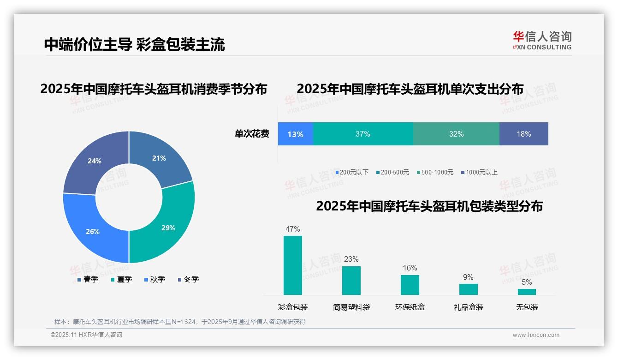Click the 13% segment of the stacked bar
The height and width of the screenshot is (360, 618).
click(295, 134)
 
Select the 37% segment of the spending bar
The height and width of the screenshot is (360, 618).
click(363, 134)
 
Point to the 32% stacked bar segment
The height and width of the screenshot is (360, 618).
click(456, 134)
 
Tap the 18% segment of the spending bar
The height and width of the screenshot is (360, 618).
click(523, 134)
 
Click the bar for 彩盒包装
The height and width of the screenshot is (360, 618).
click(293, 265)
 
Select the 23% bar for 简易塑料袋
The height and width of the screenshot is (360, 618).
click(351, 281)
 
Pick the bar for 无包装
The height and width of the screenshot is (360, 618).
click(527, 292)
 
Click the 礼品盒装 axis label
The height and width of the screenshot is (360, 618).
click(468, 307)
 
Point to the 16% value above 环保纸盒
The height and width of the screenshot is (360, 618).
click(410, 268)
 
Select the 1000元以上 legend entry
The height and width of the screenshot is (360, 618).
click(479, 172)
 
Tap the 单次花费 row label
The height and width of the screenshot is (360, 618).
click(252, 134)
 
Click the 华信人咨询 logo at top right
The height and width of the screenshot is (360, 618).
click(542, 40)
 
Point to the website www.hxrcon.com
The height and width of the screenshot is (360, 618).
click(536, 335)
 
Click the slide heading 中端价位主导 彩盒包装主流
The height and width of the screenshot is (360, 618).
click(134, 44)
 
